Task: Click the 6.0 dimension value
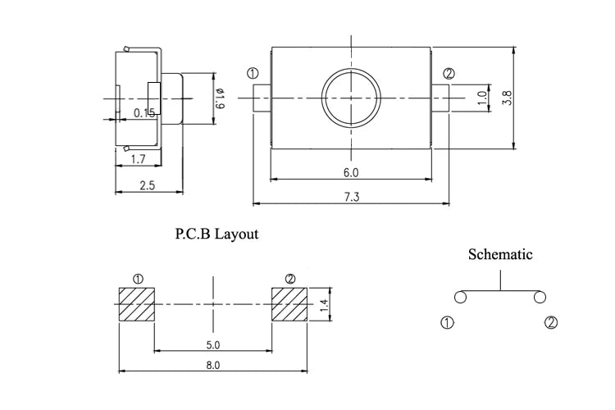click(x=351, y=173)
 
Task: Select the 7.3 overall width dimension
click(x=352, y=197)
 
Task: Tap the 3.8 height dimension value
click(x=507, y=98)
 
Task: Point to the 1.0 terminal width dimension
click(x=482, y=98)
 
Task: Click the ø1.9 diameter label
click(x=220, y=98)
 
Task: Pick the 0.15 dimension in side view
click(x=144, y=113)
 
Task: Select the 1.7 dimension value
click(x=138, y=159)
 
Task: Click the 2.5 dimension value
click(x=148, y=184)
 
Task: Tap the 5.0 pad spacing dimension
click(x=213, y=345)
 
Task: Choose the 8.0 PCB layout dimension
click(x=213, y=365)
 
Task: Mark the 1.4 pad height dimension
click(x=324, y=305)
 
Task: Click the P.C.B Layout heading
click(x=216, y=234)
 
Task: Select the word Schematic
click(x=500, y=254)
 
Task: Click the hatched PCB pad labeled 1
click(x=137, y=304)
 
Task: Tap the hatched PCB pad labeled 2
click(x=289, y=304)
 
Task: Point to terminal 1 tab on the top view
click(x=262, y=98)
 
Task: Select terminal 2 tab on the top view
click(x=440, y=98)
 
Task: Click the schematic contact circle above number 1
click(x=461, y=297)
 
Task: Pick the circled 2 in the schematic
click(x=551, y=322)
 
